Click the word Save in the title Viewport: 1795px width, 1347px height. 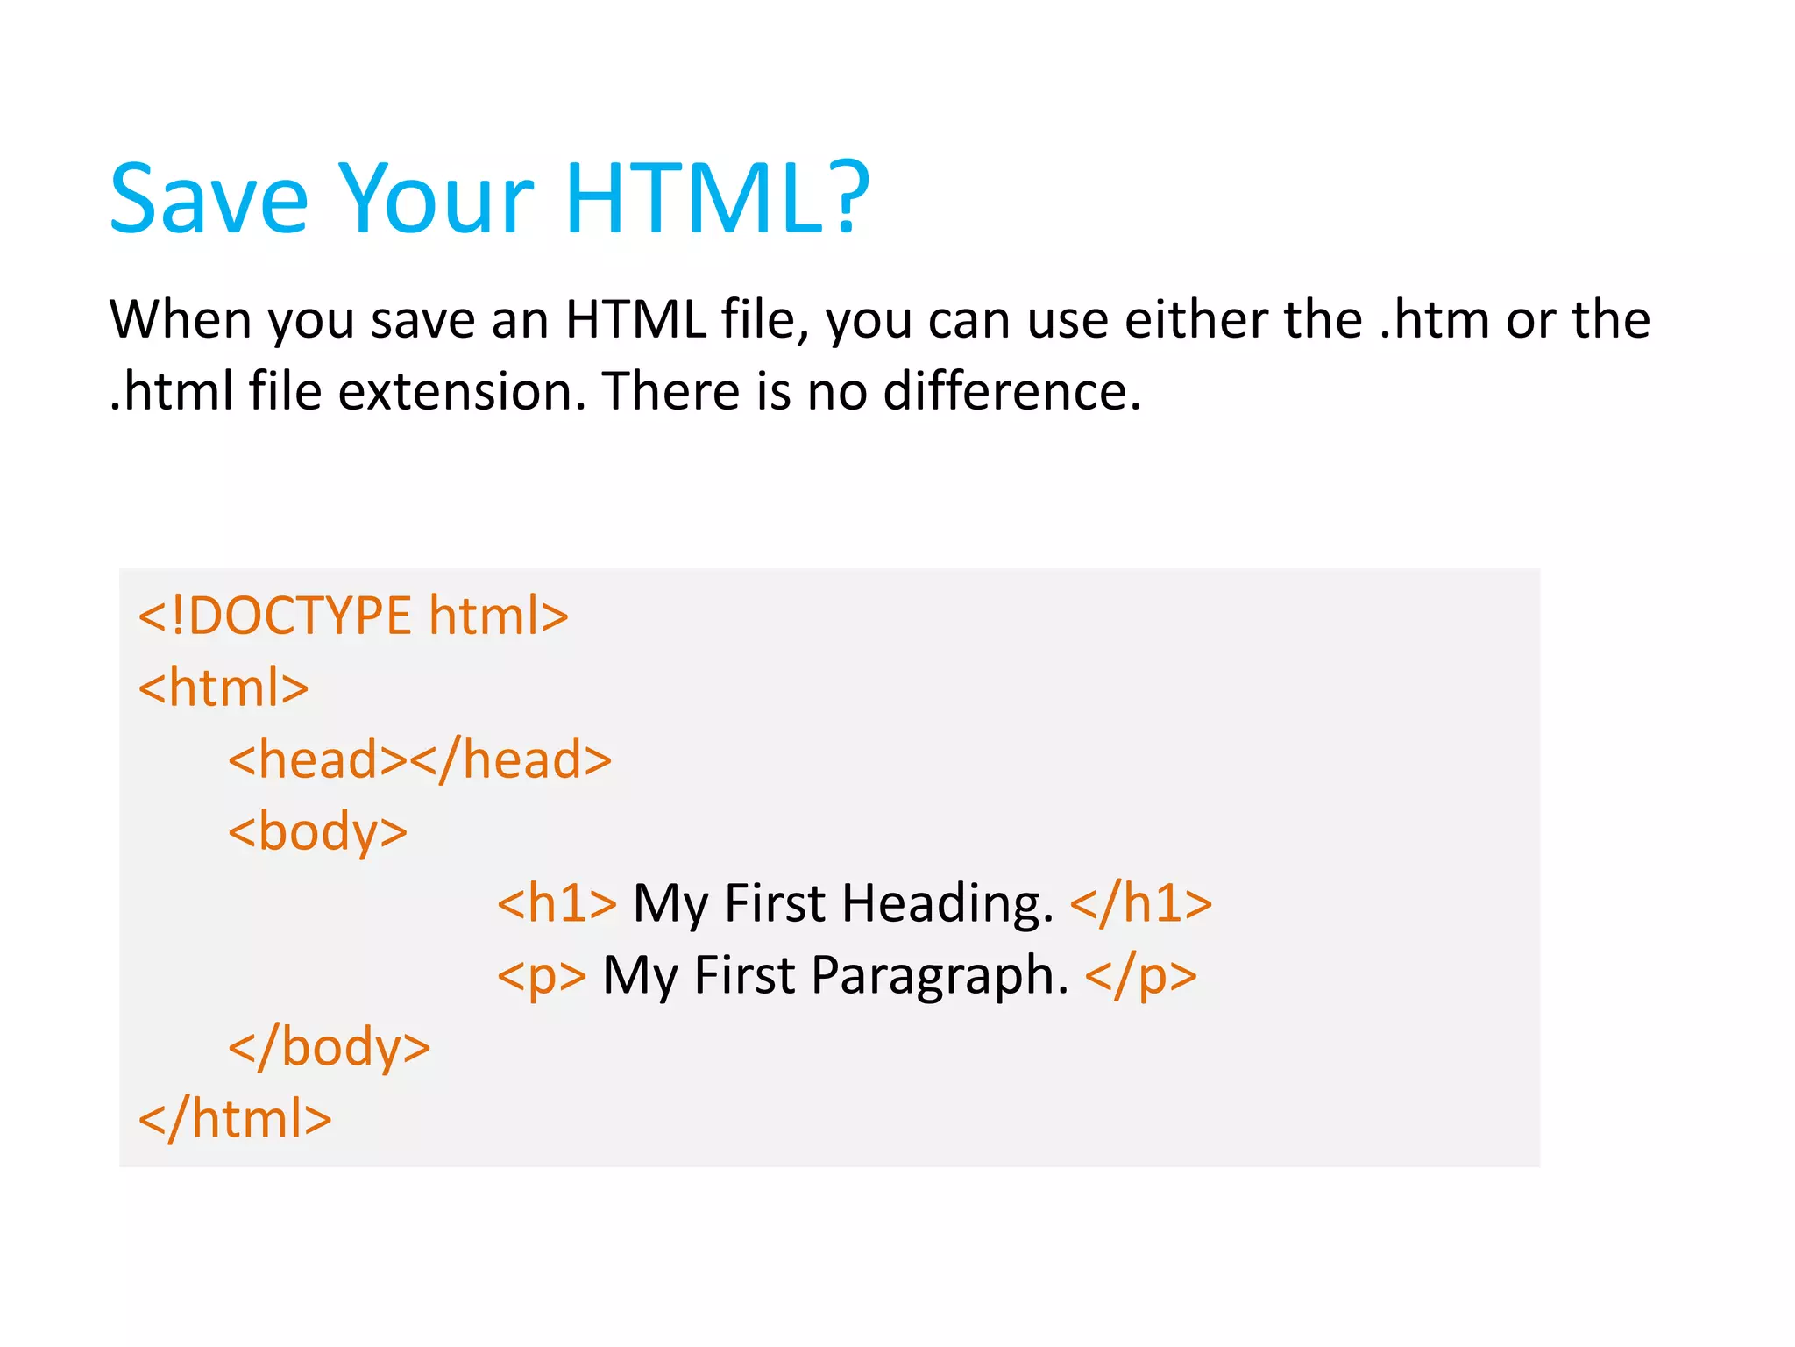pyautogui.click(x=209, y=200)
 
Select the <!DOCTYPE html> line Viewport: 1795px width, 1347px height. pyautogui.click(x=353, y=616)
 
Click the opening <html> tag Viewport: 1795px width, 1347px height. pyautogui.click(x=223, y=688)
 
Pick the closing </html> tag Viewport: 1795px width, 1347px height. pyautogui.click(x=235, y=1120)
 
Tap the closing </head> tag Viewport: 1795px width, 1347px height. pyautogui.click(x=510, y=760)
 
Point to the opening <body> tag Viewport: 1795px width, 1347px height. pyautogui.click(x=317, y=832)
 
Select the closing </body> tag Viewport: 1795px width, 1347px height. pyautogui.click(x=329, y=1048)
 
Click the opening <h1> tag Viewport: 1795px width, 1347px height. pyautogui.click(x=557, y=904)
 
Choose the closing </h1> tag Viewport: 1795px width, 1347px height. pyautogui.click(x=1141, y=904)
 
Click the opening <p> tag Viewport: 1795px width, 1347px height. pyautogui.click(x=542, y=976)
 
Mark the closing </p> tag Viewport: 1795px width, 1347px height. pyautogui.click(x=1140, y=976)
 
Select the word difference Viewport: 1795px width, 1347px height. pyautogui.click(x=1011, y=392)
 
